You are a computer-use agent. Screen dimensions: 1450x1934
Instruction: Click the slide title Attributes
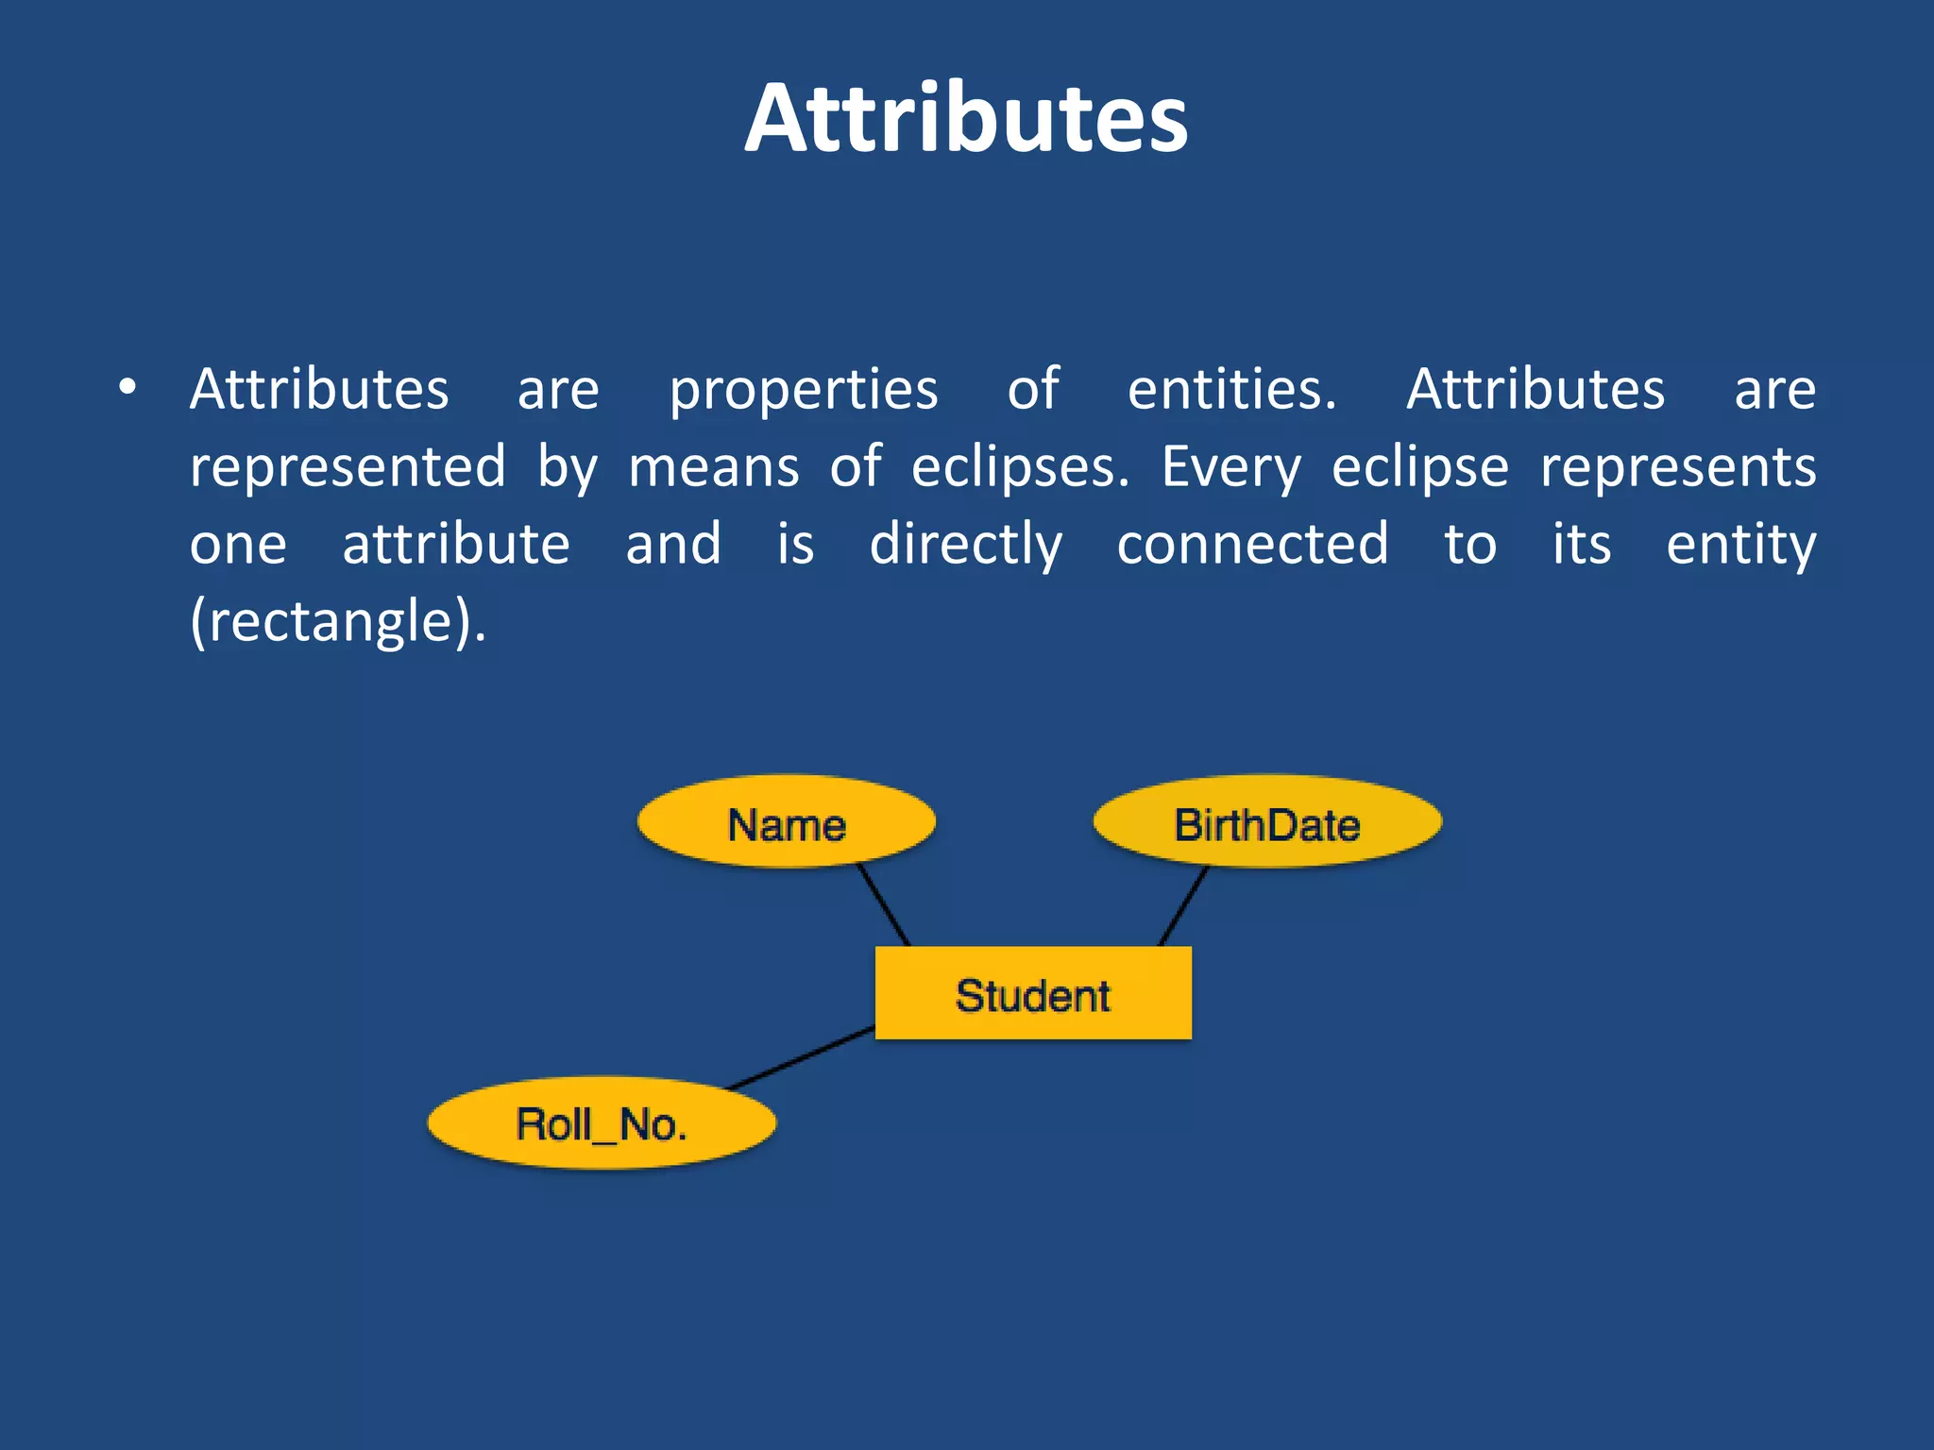[x=966, y=119]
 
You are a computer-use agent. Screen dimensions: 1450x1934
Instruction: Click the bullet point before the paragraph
[x=127, y=388]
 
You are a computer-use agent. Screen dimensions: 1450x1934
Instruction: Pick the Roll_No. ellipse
[x=602, y=1123]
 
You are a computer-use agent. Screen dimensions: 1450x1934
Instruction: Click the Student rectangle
[x=1033, y=994]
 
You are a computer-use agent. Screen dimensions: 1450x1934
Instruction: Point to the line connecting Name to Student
[x=884, y=905]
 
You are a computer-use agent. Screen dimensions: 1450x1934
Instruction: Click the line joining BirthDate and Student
[x=1183, y=905]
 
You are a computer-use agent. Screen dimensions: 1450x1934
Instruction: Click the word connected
[x=1252, y=545]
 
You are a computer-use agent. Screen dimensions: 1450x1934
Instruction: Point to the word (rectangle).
[x=338, y=623]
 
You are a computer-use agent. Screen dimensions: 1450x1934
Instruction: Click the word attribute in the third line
[x=456, y=545]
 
